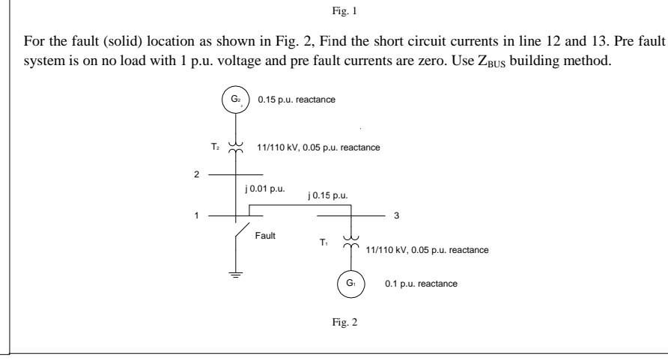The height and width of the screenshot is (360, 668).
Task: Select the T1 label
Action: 324,242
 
